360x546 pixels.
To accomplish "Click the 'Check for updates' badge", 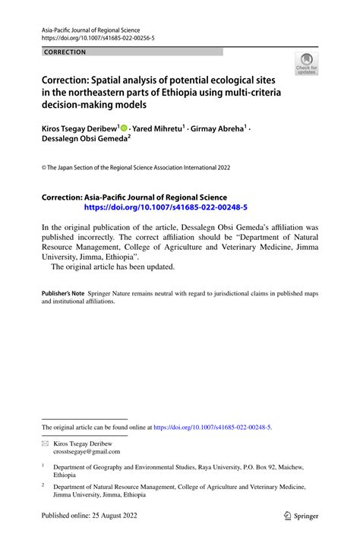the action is (x=307, y=64).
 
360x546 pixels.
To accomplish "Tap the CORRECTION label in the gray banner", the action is (x=65, y=52).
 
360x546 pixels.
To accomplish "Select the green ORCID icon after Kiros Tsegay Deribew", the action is (x=124, y=130).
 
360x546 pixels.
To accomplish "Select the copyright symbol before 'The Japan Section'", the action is (x=44, y=167).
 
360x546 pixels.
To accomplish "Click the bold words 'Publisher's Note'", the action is (x=62, y=292).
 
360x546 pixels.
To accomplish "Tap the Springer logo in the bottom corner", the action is (x=302, y=516).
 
